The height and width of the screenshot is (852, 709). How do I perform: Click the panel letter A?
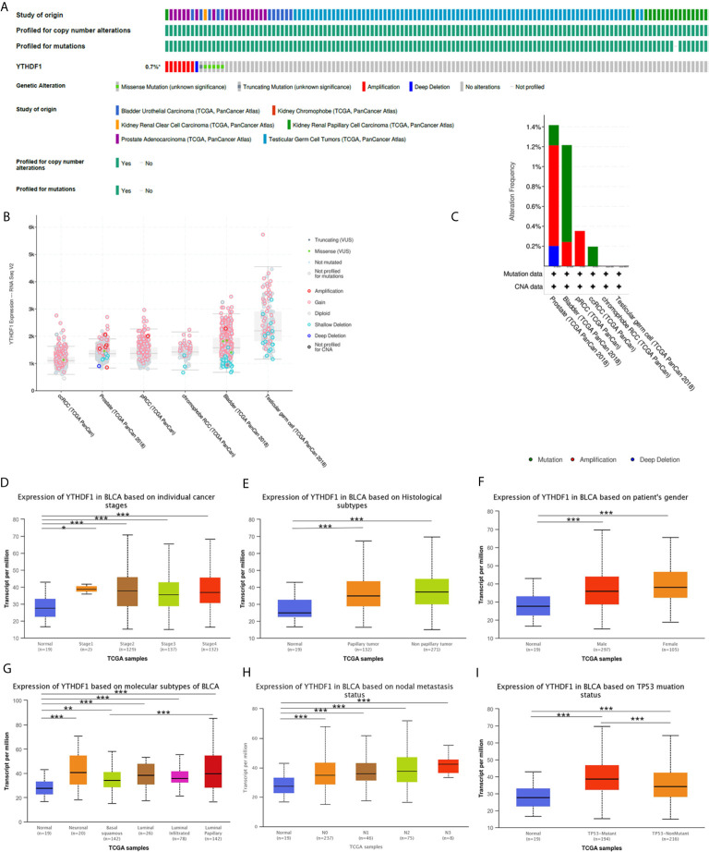click(x=6, y=6)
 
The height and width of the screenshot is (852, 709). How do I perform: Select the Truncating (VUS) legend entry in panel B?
click(x=342, y=240)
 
